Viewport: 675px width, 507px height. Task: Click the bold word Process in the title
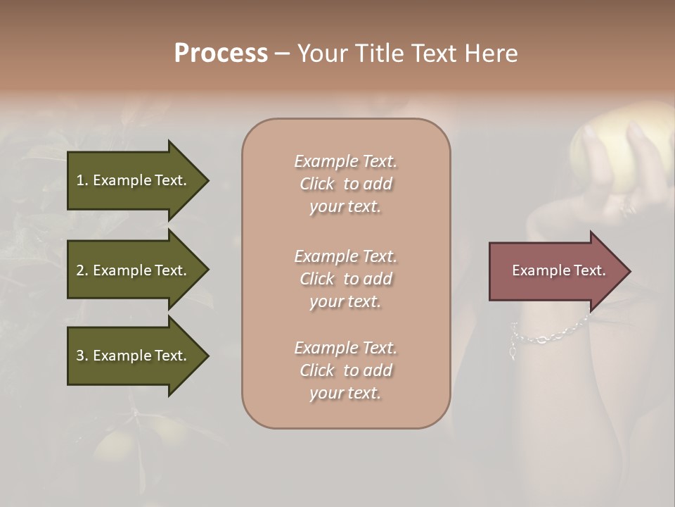click(221, 54)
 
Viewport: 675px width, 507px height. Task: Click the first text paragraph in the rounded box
click(346, 184)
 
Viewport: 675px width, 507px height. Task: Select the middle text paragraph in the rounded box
click(346, 279)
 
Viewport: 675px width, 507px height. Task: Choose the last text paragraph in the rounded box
click(346, 370)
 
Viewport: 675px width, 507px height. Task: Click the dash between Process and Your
click(282, 54)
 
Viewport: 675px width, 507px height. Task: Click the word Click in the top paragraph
click(317, 184)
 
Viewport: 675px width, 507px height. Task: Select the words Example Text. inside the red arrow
click(559, 270)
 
